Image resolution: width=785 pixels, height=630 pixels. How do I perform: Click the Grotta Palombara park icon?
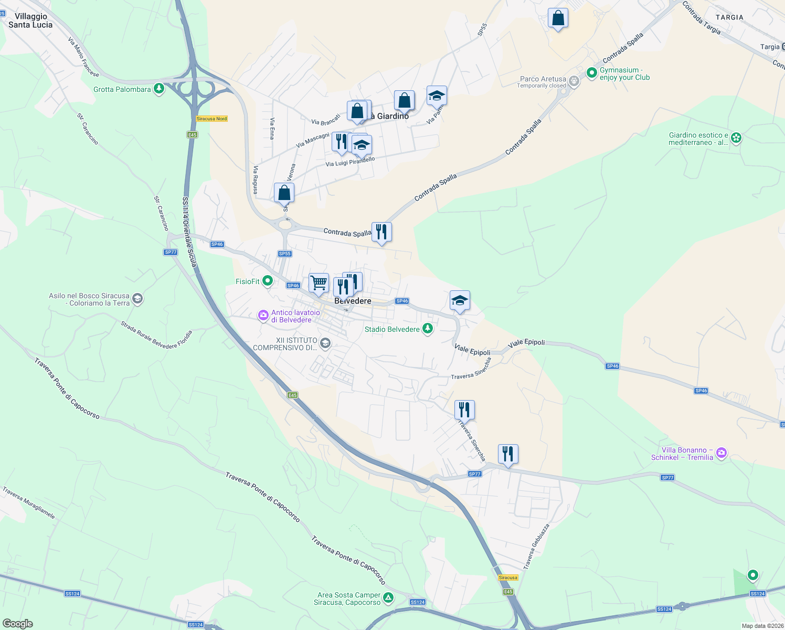tap(159, 89)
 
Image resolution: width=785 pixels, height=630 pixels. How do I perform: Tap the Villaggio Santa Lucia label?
tap(30, 20)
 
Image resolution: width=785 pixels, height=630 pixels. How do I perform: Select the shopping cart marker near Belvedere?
tap(319, 283)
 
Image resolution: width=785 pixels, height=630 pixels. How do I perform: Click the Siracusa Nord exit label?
tap(212, 119)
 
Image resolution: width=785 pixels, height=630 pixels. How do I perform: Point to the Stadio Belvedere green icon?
tap(428, 329)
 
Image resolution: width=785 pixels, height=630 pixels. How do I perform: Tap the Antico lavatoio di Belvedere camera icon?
tap(263, 316)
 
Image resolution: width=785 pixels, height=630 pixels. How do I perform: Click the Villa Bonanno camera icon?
tap(722, 453)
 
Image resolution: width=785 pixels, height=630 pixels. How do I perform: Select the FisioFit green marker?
tap(268, 281)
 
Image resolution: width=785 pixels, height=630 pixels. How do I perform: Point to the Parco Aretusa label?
tap(543, 79)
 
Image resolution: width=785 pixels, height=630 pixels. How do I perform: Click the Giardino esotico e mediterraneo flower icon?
tap(736, 138)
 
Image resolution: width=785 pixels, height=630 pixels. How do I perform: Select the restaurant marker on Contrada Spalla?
tap(381, 232)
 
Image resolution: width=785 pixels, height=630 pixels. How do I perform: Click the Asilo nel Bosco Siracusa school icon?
tap(137, 299)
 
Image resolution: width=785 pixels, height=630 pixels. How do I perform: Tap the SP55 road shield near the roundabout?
tap(285, 254)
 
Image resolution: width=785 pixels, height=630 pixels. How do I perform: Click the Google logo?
tap(18, 623)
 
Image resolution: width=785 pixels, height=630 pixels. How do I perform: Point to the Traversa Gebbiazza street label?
tap(536, 547)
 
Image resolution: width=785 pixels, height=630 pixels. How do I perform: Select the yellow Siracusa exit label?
tap(508, 577)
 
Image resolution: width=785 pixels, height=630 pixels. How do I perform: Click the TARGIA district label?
tap(729, 17)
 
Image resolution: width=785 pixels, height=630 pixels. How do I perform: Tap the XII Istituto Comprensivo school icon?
tap(325, 343)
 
